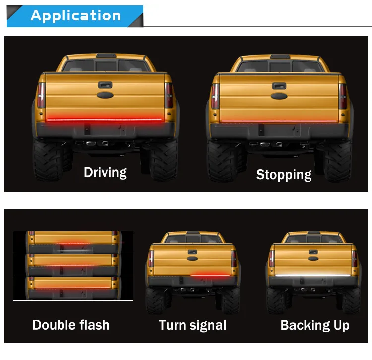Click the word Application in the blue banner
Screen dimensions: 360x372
75,15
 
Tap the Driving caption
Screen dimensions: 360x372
105,173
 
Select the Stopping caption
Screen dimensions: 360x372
284,175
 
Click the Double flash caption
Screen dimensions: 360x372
71,325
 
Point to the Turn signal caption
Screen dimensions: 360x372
192,325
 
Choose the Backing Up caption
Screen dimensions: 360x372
315,325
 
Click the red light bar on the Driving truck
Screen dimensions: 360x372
104,120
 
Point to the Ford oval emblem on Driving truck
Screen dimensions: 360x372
105,97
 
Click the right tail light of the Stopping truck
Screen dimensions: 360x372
342,95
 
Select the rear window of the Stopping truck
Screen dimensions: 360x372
280,66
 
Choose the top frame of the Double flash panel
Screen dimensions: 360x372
73,242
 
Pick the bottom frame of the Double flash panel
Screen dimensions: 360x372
73,288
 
